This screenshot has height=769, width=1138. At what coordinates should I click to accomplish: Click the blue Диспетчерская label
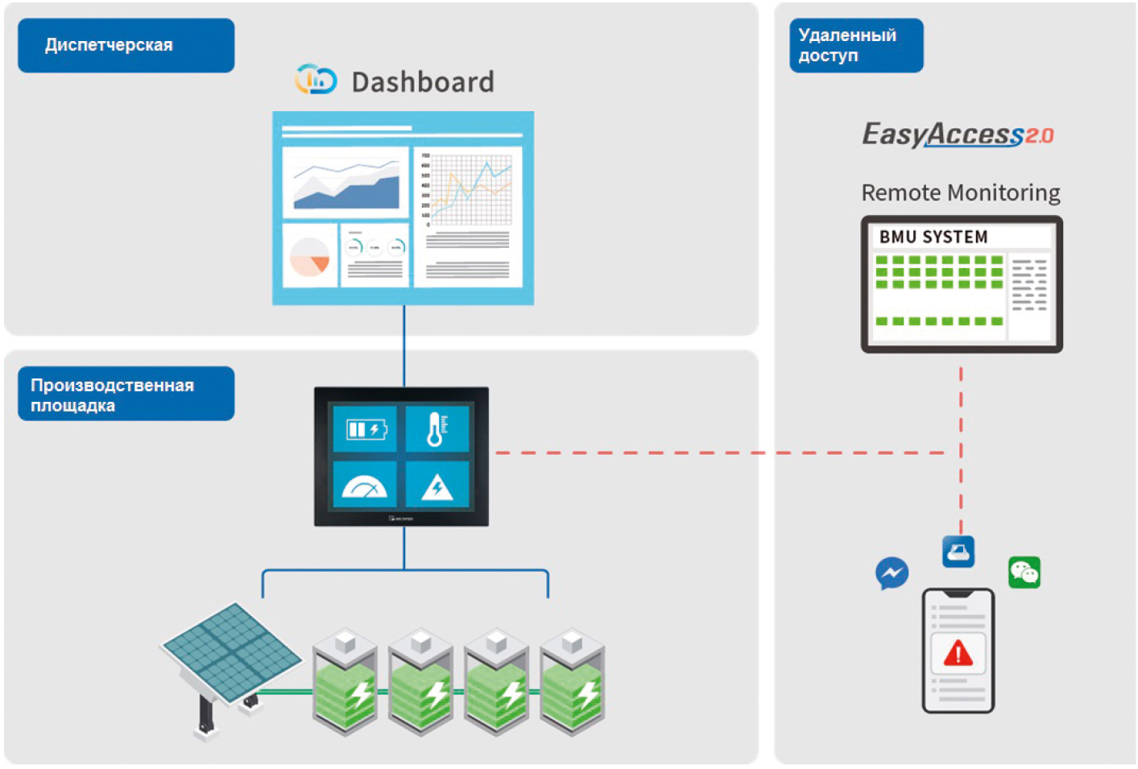pos(126,45)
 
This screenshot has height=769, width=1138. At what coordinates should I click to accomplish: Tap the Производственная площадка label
pos(126,394)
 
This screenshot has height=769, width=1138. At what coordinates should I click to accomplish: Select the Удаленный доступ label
pos(855,45)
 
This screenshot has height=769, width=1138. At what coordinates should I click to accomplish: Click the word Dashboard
pos(423,82)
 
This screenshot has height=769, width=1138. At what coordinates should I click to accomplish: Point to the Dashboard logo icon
pos(316,80)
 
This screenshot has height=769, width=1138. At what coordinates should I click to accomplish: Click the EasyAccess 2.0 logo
pos(958,134)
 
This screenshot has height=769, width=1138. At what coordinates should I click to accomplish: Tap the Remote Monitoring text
pos(960,193)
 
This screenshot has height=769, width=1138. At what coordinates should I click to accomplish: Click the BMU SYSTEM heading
pos(933,237)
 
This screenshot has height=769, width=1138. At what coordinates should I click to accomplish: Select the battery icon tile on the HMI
pos(366,429)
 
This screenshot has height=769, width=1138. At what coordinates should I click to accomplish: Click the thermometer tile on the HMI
pos(437,429)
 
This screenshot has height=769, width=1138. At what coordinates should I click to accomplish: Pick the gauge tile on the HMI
pos(366,485)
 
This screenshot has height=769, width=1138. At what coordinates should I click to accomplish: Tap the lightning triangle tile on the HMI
pos(437,485)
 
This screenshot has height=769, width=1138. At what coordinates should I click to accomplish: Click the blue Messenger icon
pos(892,573)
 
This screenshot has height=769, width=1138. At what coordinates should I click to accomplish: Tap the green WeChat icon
pos(1024,573)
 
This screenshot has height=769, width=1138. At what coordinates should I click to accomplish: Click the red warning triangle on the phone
pos(958,652)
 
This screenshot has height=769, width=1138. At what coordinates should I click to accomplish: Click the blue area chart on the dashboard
pos(347,185)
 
